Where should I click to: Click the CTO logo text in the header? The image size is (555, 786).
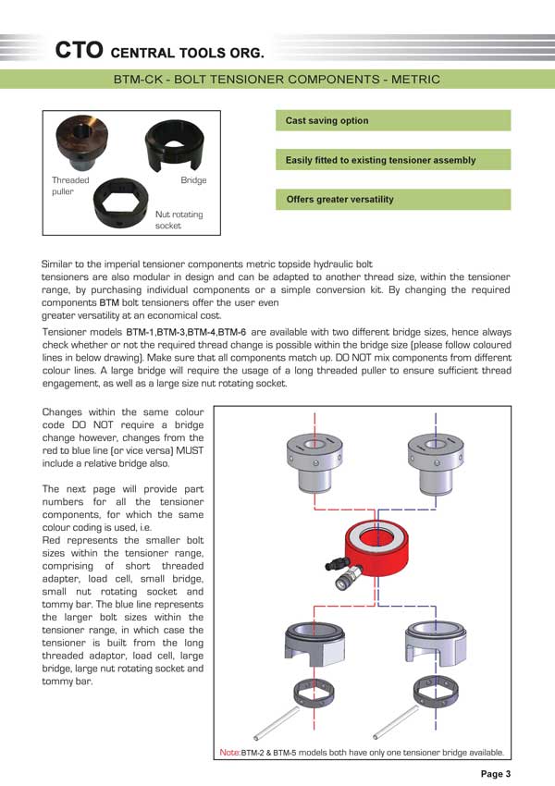(x=77, y=49)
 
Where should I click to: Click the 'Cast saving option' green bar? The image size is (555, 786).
(x=393, y=121)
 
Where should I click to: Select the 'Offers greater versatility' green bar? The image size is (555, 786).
(x=393, y=200)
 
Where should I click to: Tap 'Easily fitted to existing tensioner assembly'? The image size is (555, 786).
(x=393, y=161)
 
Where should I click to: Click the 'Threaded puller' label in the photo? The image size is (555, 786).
(x=70, y=186)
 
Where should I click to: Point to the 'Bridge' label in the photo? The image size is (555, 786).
(x=193, y=180)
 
